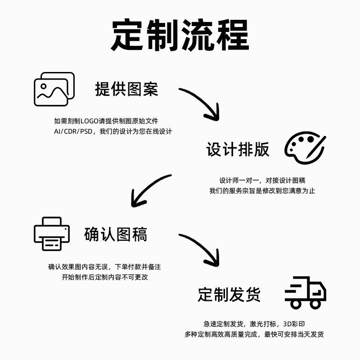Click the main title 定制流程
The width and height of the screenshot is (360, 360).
[180, 36]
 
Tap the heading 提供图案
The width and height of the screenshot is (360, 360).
[126, 89]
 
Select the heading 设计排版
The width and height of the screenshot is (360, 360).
[238, 149]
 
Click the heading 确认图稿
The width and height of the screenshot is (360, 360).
[115, 234]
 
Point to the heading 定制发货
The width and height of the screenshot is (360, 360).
[229, 295]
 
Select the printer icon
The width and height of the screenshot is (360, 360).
[52, 234]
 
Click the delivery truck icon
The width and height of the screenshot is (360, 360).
[306, 292]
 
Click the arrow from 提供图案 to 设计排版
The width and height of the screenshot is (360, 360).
[202, 102]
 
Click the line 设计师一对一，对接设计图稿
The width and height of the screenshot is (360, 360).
[262, 180]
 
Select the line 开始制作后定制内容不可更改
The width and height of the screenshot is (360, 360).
[105, 277]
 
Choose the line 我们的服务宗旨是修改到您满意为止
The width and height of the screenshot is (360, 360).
[262, 191]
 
